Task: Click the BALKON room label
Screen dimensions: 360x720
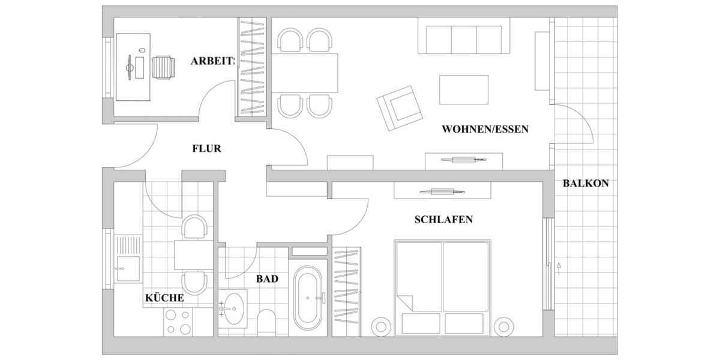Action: point(586,184)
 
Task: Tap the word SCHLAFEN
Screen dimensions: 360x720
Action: point(443,220)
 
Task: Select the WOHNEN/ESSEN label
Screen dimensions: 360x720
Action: point(485,129)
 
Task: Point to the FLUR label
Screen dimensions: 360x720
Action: point(206,149)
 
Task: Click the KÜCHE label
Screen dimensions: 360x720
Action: point(164,298)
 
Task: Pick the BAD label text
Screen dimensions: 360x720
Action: point(267,279)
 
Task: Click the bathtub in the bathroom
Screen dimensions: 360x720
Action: point(308,297)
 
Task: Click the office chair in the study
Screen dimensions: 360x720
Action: point(164,67)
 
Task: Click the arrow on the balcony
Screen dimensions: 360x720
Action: point(559,267)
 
